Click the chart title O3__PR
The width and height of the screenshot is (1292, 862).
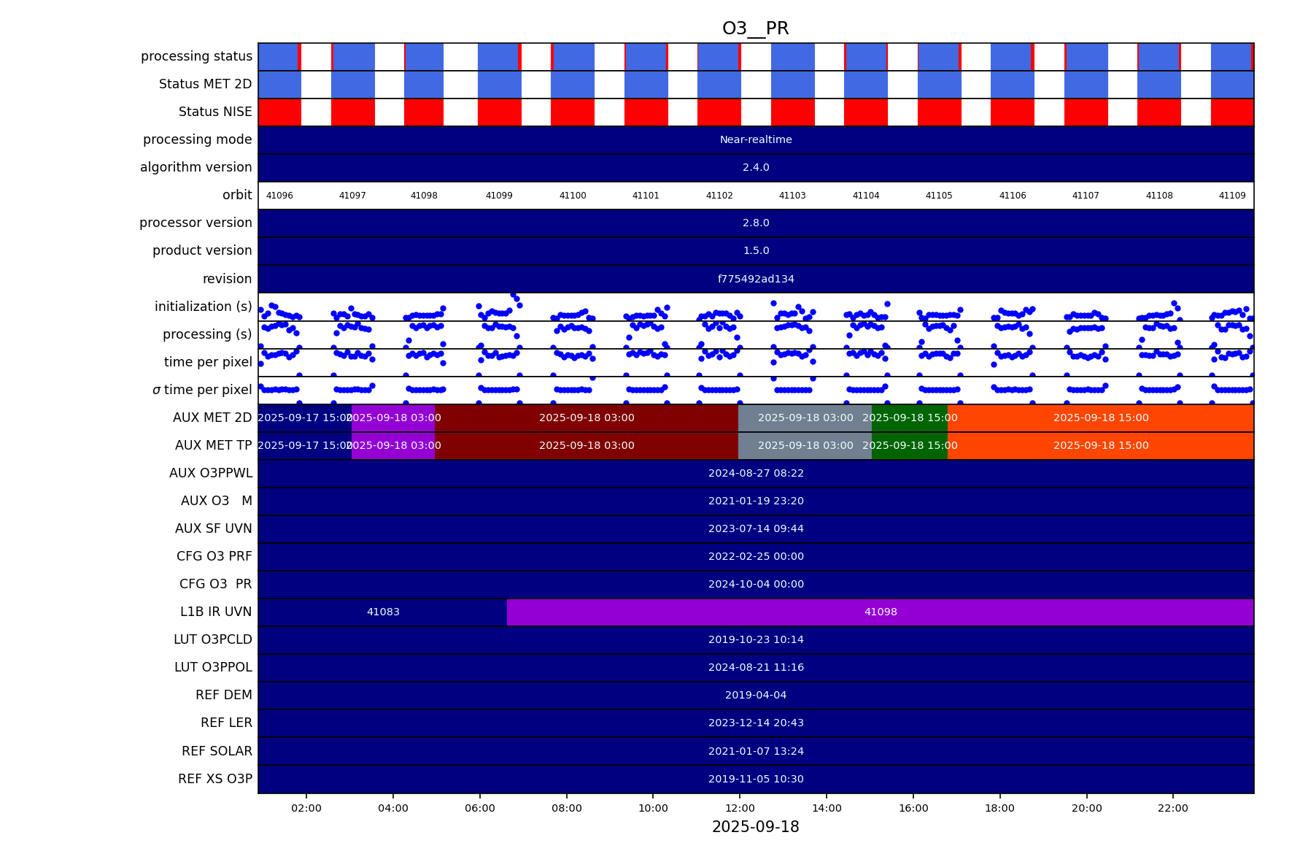click(x=755, y=28)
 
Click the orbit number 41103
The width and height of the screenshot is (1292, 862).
click(x=792, y=196)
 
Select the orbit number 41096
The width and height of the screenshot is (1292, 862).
click(x=279, y=196)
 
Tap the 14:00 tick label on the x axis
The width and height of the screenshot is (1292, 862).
click(x=827, y=808)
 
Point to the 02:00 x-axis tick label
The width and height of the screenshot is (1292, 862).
click(x=306, y=808)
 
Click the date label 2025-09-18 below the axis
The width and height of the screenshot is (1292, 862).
click(x=755, y=827)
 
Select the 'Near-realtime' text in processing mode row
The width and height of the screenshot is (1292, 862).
click(x=756, y=139)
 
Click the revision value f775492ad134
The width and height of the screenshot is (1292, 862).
click(x=756, y=279)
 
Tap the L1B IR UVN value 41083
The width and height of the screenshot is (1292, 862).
click(x=383, y=612)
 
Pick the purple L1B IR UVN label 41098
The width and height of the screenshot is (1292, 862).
click(x=881, y=612)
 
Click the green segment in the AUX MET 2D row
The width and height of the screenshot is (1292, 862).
click(x=910, y=417)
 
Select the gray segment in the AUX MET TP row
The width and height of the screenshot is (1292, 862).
click(x=805, y=445)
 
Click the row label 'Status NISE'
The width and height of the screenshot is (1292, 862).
click(x=215, y=112)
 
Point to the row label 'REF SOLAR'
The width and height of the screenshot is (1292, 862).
click(x=217, y=751)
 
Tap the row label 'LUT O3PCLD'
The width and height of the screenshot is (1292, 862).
click(x=213, y=639)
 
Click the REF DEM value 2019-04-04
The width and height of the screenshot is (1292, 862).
click(x=756, y=695)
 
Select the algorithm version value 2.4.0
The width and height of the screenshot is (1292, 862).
click(x=756, y=167)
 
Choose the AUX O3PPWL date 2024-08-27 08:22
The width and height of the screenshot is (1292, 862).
click(x=756, y=473)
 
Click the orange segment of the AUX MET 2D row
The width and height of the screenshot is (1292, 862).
click(x=1100, y=417)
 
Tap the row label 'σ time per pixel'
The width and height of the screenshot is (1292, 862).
click(x=202, y=390)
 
